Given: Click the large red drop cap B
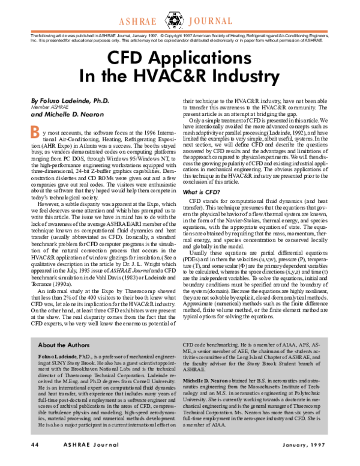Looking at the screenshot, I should click(35, 130).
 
